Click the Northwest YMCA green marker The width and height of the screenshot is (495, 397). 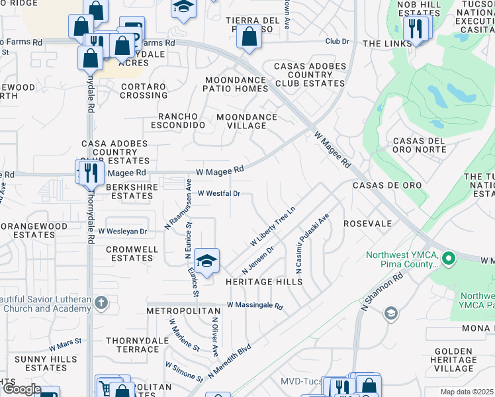pyautogui.click(x=449, y=258)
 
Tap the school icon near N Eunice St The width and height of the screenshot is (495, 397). pyautogui.click(x=207, y=261)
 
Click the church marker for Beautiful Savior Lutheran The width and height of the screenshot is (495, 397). pyautogui.click(x=101, y=303)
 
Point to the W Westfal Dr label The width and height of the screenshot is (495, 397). pyautogui.click(x=218, y=194)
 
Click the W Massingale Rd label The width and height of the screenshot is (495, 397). pyautogui.click(x=254, y=306)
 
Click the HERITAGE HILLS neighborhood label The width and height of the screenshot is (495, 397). pyautogui.click(x=263, y=282)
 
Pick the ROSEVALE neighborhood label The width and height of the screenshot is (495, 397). pyautogui.click(x=368, y=224)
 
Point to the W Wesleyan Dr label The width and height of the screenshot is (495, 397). pyautogui.click(x=122, y=232)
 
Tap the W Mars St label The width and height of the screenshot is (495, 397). pyautogui.click(x=65, y=347)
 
